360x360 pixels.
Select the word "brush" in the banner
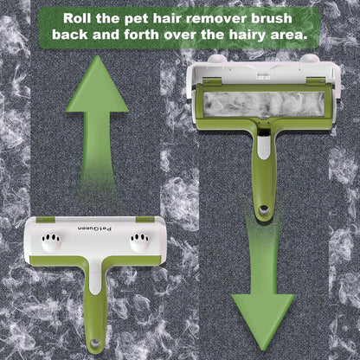(272, 18)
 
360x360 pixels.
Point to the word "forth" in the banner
(141, 35)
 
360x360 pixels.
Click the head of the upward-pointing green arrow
(97, 84)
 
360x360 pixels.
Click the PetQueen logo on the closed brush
(95, 228)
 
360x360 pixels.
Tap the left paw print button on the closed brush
(51, 241)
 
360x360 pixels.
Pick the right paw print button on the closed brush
(140, 241)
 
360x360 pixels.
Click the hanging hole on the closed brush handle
(94, 343)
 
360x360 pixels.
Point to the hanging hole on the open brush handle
(263, 209)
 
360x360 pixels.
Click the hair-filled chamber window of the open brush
(264, 104)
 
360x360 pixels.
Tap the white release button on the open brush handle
(264, 148)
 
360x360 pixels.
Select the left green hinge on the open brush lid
(212, 81)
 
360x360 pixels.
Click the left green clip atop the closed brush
(46, 220)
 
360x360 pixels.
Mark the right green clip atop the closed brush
(145, 220)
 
